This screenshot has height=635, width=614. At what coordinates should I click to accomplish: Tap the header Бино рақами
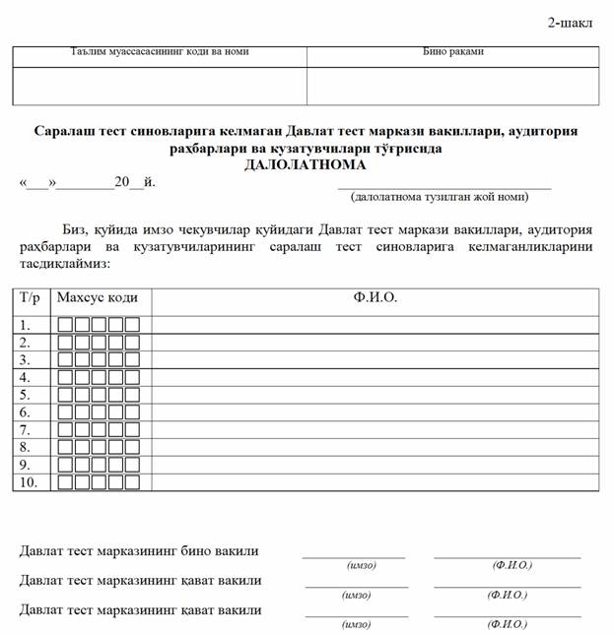click(452, 52)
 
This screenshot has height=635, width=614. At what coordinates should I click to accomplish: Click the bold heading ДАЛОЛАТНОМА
click(306, 164)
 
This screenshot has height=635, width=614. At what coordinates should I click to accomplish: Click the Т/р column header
click(32, 297)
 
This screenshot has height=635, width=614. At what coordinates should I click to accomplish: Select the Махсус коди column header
click(98, 297)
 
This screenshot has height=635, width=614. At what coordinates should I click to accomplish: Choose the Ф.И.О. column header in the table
click(375, 297)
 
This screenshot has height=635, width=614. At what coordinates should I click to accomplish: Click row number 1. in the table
click(26, 324)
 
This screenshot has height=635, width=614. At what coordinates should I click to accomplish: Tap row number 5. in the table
click(26, 395)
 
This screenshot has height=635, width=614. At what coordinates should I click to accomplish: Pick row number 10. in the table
click(29, 482)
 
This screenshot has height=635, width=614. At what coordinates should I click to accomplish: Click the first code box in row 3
click(66, 359)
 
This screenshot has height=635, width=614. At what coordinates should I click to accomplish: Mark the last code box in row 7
click(131, 430)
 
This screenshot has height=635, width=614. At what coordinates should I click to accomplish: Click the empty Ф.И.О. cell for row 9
click(375, 465)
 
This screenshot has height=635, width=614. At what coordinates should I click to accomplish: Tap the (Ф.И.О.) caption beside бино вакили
click(512, 565)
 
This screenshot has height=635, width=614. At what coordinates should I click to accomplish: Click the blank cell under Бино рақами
click(452, 86)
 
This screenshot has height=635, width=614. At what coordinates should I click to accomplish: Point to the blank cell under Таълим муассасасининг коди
click(160, 86)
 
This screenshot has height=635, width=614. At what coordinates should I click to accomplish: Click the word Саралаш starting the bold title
click(67, 131)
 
